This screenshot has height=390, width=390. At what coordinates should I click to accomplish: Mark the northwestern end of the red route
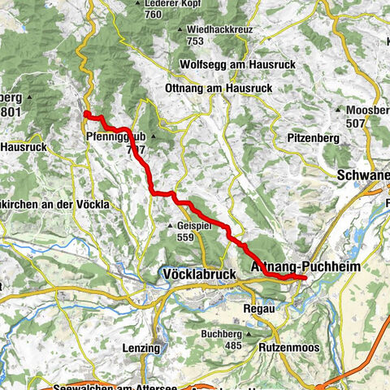pyautogui.click(x=86, y=114)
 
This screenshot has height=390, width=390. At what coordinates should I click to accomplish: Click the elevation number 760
pyautogui.click(x=153, y=14)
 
